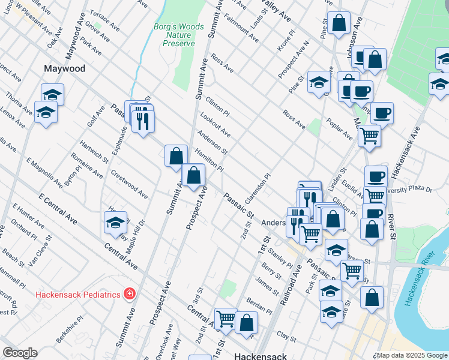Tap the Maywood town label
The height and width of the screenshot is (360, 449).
64,69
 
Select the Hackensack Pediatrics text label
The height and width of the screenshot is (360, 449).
78,294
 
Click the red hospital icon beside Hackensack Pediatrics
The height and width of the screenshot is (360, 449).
128,293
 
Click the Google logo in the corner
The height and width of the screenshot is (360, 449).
20,353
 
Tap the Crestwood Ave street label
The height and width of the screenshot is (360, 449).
130,184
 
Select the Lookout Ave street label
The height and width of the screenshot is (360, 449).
215,123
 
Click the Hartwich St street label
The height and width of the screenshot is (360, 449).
94,152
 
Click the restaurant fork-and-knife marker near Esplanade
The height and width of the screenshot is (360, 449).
142,121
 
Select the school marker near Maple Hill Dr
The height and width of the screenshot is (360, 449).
115,223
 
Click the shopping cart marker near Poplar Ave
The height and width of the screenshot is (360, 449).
369,135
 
